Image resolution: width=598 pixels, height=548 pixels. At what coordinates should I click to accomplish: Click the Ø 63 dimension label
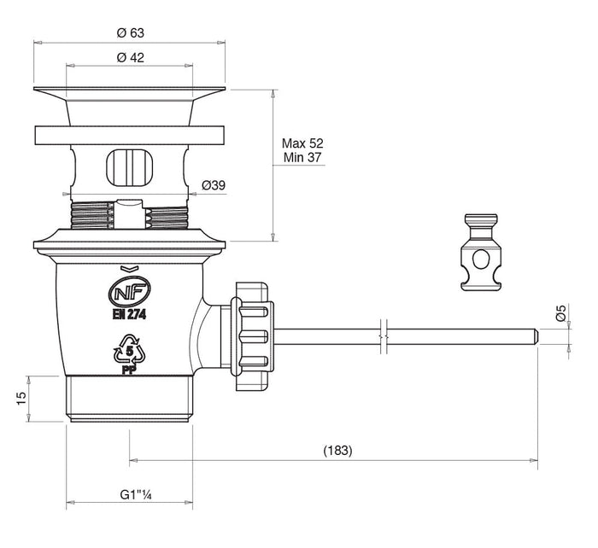point(131,33)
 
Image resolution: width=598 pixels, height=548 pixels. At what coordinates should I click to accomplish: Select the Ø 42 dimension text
point(131,57)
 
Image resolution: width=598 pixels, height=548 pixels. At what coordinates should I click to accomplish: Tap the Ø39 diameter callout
point(214,185)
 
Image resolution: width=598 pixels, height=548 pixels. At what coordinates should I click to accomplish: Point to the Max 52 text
point(302,143)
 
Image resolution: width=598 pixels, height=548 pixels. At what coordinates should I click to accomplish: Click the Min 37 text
point(302,157)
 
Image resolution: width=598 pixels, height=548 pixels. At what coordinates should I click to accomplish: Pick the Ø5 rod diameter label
point(561,313)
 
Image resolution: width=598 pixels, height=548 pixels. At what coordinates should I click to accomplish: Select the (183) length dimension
point(338,451)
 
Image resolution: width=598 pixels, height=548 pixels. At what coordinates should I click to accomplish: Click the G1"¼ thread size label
point(136,495)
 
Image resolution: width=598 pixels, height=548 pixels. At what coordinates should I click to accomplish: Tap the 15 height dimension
point(22,399)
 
